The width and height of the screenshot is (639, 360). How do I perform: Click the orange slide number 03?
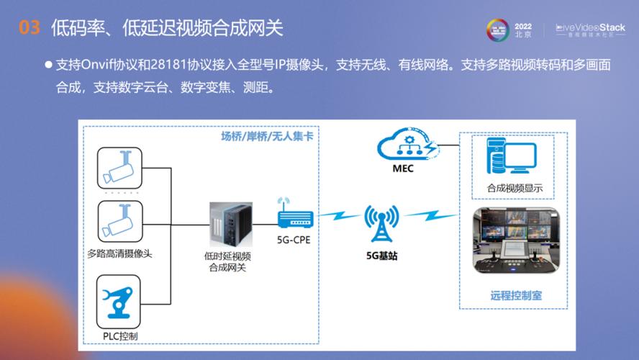29,28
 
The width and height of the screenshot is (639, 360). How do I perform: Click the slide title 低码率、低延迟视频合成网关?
167,28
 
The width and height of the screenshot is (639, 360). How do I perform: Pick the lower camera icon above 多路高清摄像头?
120,222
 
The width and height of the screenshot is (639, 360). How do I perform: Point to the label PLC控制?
120,336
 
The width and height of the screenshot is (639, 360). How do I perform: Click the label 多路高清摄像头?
119,253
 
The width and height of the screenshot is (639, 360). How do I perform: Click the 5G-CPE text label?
294,240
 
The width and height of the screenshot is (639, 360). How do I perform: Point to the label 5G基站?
381,255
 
